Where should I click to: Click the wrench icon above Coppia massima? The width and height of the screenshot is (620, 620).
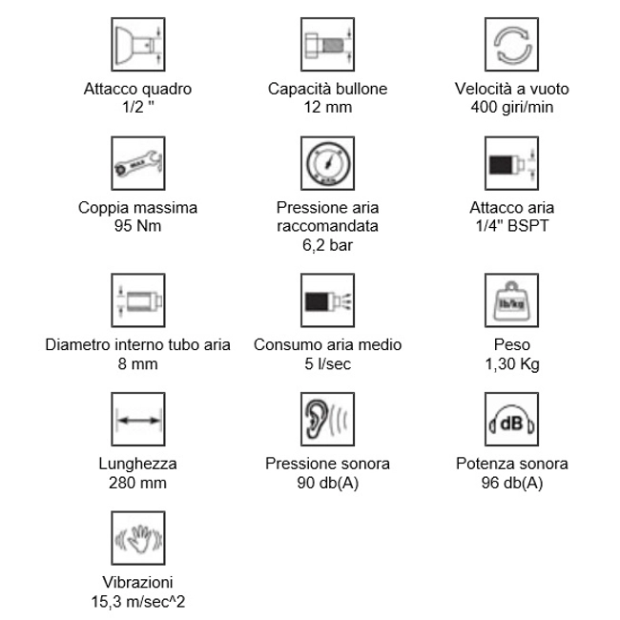point(138,165)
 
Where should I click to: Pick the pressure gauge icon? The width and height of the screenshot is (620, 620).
point(327,165)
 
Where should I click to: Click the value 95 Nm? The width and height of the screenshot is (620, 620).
point(138,225)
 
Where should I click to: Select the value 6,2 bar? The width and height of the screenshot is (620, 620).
point(327,244)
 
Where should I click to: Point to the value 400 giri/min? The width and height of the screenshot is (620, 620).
point(512,107)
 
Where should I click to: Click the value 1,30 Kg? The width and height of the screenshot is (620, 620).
point(512,362)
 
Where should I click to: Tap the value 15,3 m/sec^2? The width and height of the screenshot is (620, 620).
point(138,600)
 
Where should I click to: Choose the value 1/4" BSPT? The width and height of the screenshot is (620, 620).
point(512,225)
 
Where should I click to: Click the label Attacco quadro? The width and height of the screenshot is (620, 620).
point(138,89)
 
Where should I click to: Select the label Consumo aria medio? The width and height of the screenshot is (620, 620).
point(327,344)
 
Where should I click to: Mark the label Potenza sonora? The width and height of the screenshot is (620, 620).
point(512,464)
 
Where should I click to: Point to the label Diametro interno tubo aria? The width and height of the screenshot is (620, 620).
point(138,344)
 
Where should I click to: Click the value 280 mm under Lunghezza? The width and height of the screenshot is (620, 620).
point(138,482)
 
